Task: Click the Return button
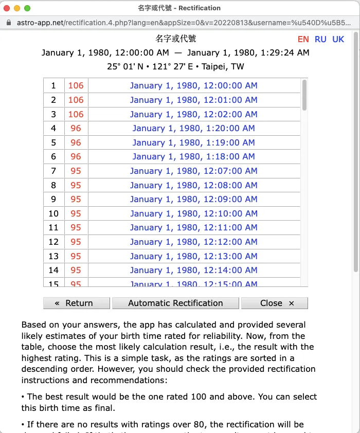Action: tap(76, 303)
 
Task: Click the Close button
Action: tap(274, 303)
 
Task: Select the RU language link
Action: tap(320, 40)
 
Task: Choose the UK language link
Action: tap(338, 40)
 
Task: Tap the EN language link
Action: tap(303, 40)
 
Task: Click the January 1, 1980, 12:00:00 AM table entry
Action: tap(193, 86)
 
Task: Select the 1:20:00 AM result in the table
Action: tap(193, 129)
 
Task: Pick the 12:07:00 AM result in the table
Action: tap(193, 171)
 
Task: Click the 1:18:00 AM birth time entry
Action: tap(193, 157)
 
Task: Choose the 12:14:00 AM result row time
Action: tap(193, 270)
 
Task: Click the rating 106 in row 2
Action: tap(76, 100)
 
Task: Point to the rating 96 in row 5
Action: tap(76, 143)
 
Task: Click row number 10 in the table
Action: tap(53, 214)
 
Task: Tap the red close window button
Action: tap(7, 8)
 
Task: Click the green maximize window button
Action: tap(27, 8)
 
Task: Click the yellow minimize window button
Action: tap(17, 8)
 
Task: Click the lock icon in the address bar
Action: tap(9, 23)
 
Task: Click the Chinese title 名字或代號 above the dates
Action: tap(175, 39)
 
